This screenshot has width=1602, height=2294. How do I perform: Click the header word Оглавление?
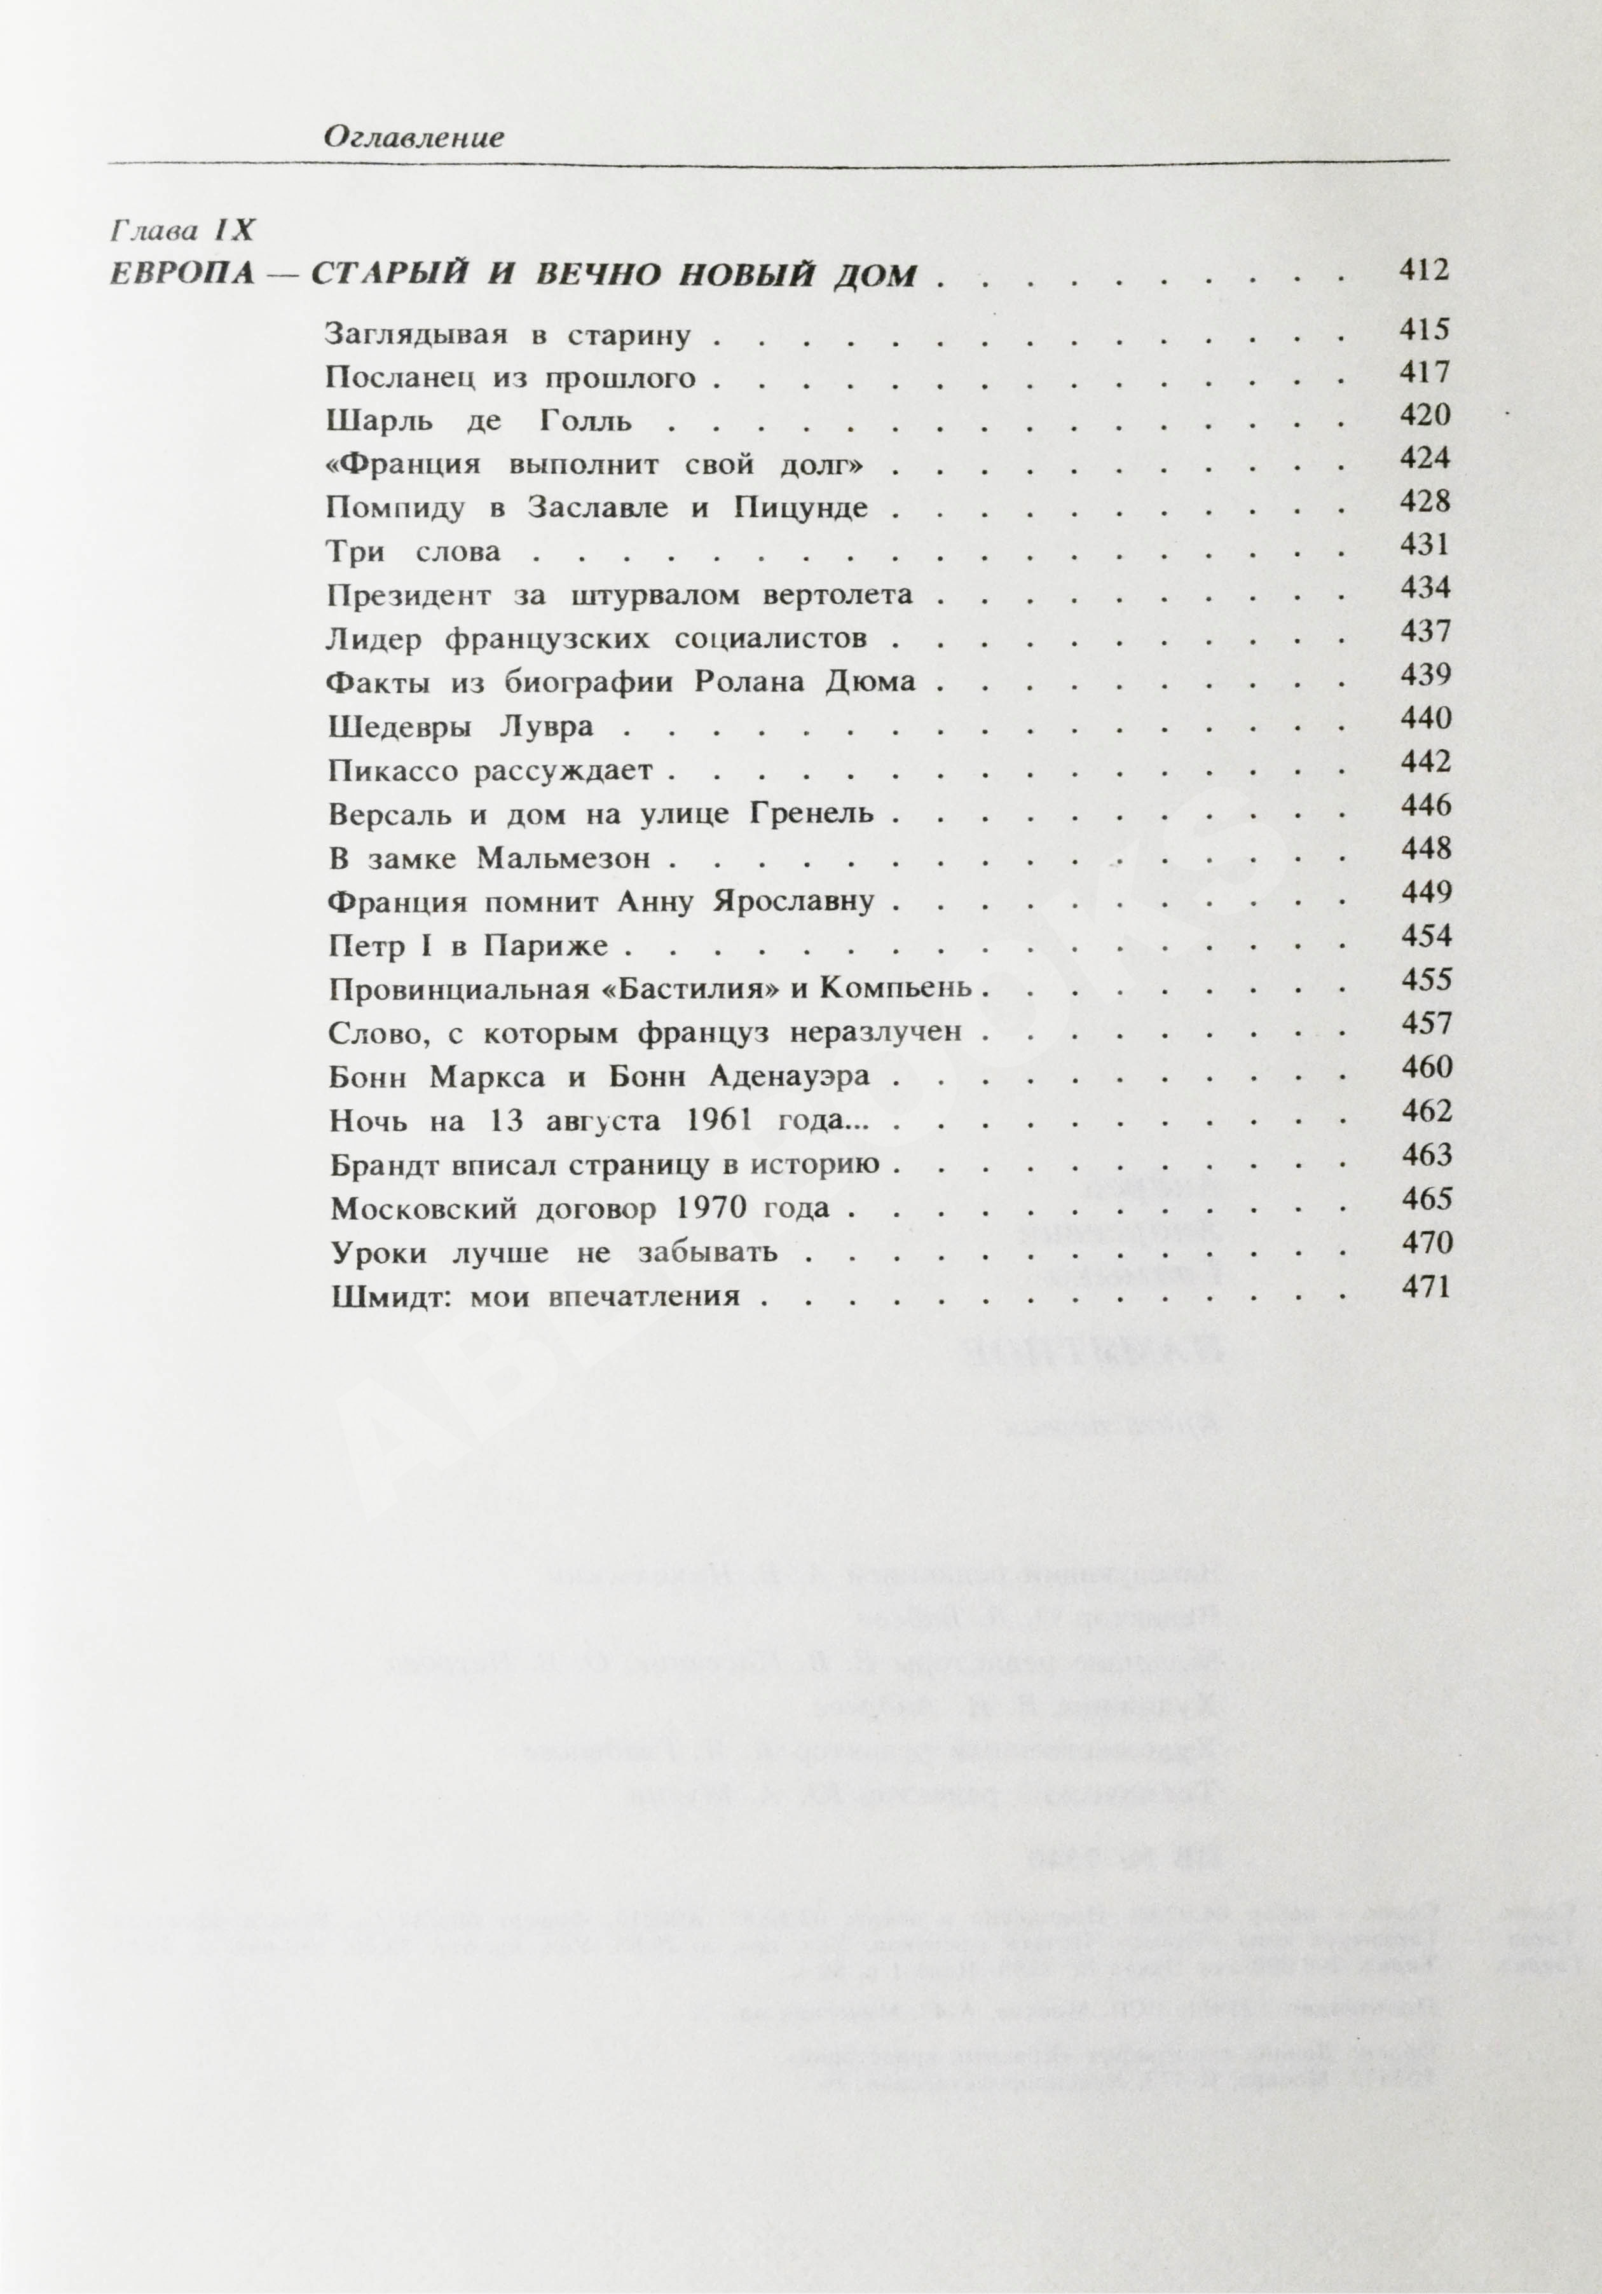(413, 138)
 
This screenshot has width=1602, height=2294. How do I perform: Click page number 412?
(1423, 271)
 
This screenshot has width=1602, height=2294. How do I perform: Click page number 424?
(1424, 458)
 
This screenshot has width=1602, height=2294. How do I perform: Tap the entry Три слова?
(413, 552)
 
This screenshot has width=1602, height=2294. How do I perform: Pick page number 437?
(1424, 631)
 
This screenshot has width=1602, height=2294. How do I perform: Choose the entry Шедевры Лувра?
(460, 727)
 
